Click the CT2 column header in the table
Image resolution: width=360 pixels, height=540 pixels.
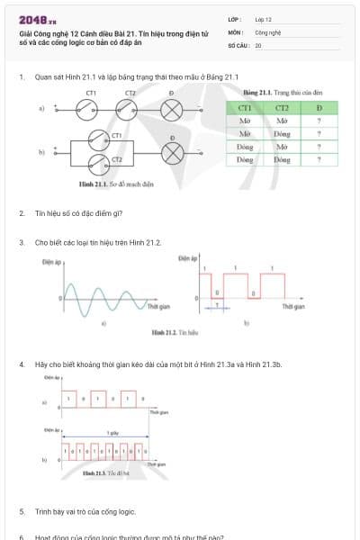[x=282, y=108]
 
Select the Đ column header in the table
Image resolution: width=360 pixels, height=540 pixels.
[x=319, y=108]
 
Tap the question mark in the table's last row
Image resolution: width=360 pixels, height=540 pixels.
[x=319, y=159]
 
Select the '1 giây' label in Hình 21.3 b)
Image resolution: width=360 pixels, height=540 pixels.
[x=112, y=433]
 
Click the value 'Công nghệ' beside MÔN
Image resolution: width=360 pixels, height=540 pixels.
[x=266, y=31]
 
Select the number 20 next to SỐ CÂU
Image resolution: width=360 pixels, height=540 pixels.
[x=258, y=44]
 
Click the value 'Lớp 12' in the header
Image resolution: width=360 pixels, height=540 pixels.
[x=263, y=19]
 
